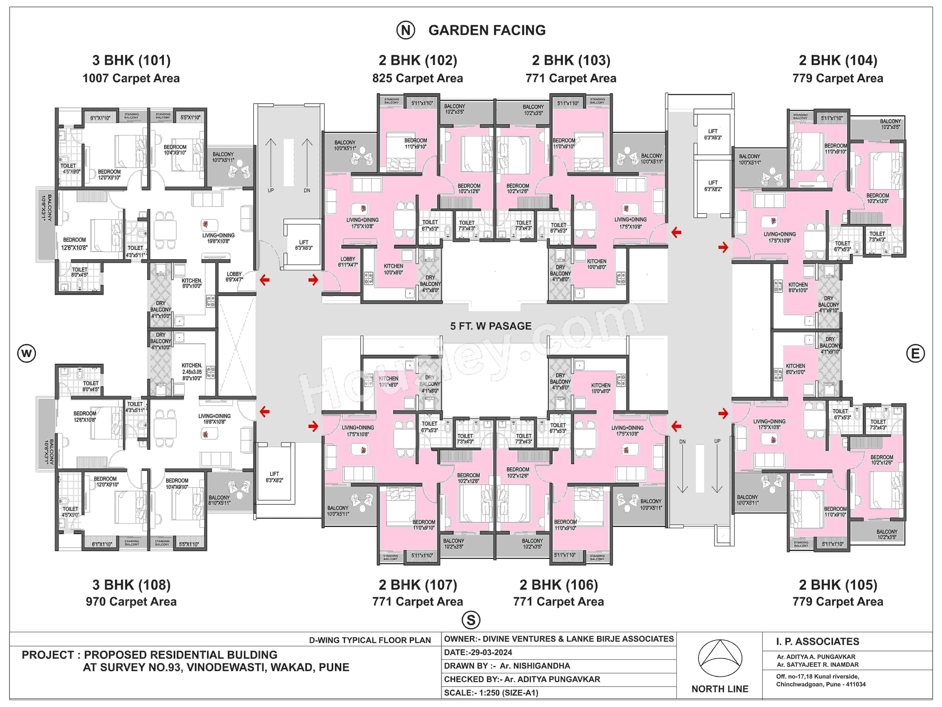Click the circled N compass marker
(x=406, y=30)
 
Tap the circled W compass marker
(x=26, y=353)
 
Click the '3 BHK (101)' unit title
(x=131, y=61)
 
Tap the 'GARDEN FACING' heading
(x=487, y=30)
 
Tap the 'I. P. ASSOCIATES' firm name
(x=817, y=641)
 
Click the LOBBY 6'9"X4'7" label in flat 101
(x=234, y=277)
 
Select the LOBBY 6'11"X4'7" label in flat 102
(x=348, y=262)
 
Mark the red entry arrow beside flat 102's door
(x=314, y=280)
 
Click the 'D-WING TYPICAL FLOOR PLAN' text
(x=370, y=640)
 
